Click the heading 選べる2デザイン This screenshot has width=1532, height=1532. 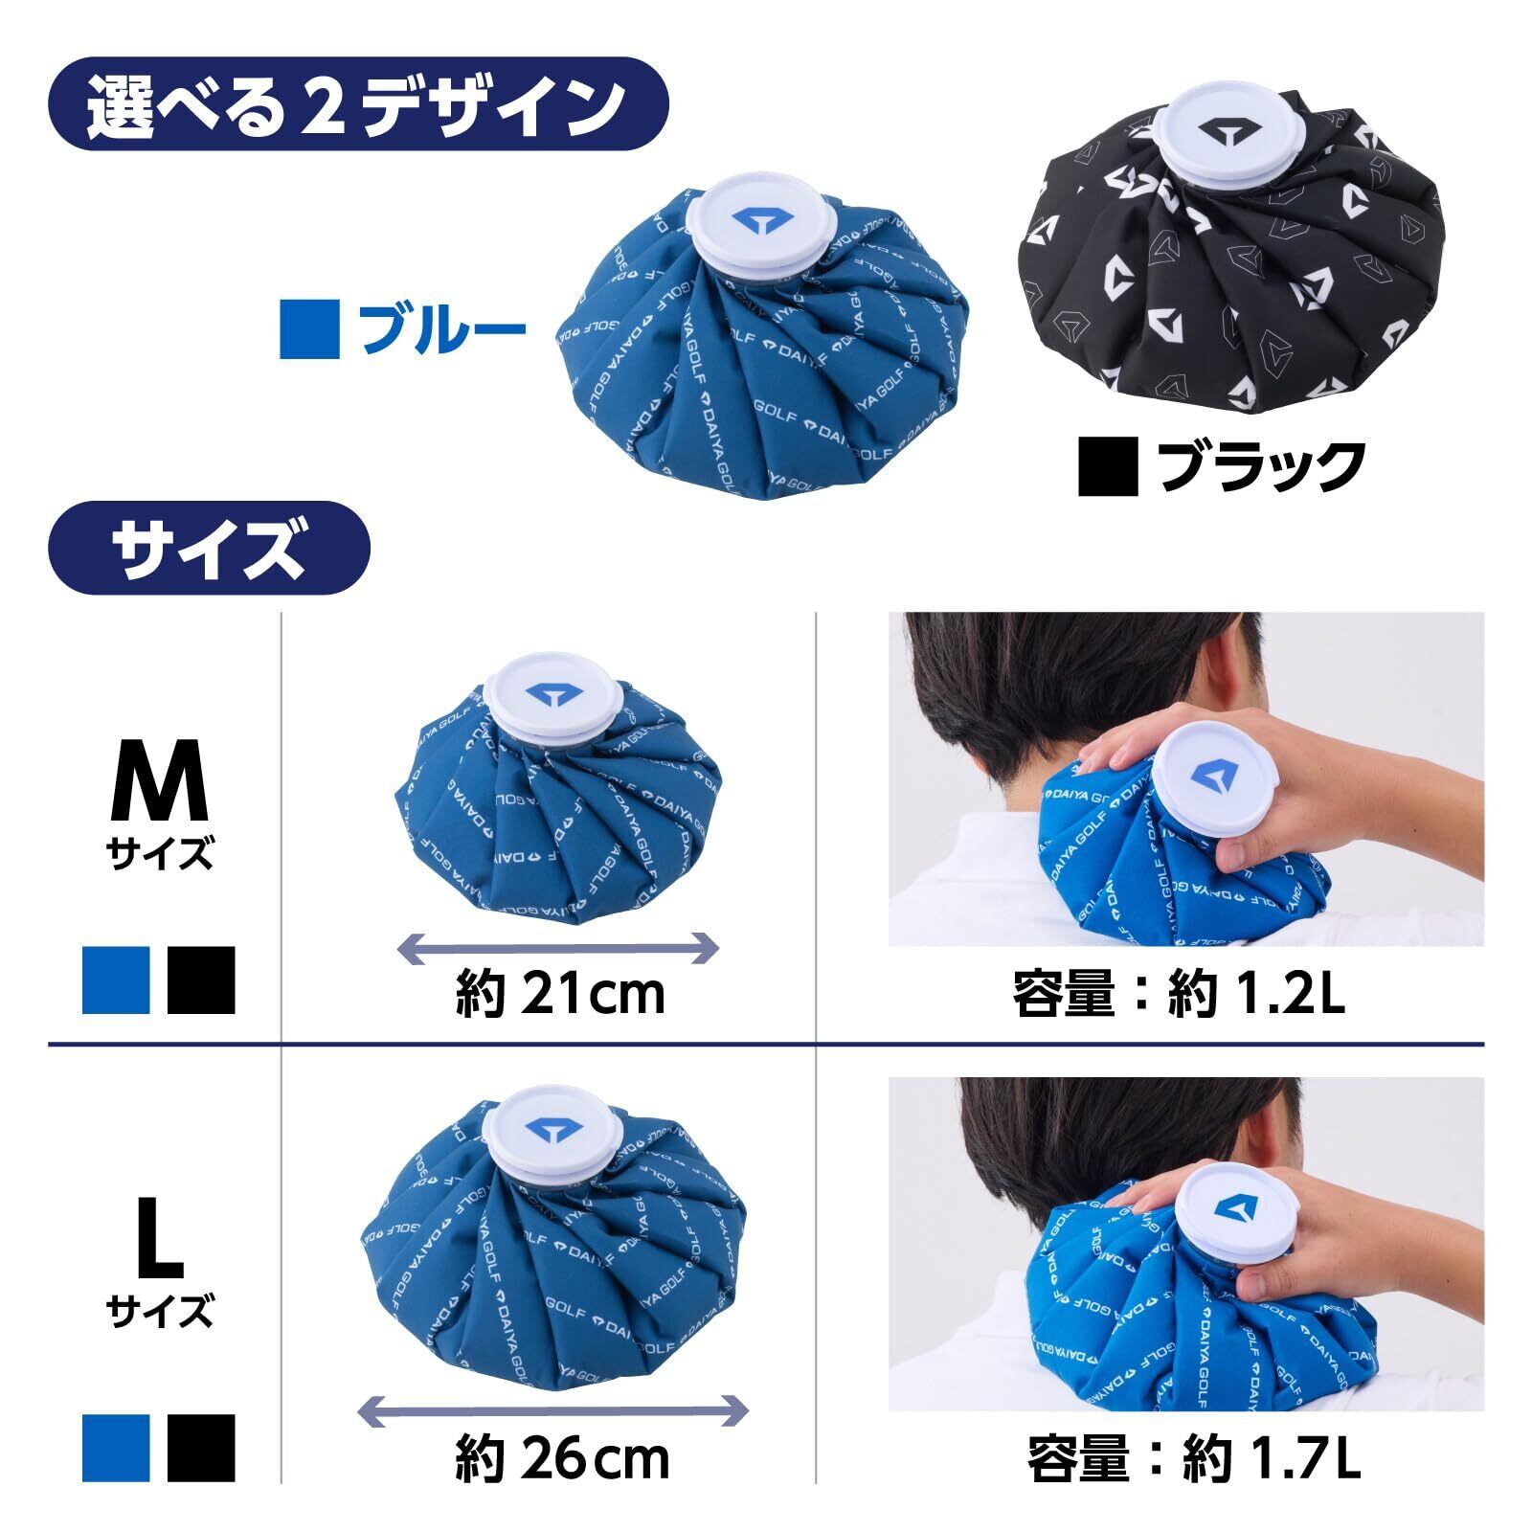(357, 105)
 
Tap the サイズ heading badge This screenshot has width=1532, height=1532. (209, 549)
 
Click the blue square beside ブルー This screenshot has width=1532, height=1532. (309, 328)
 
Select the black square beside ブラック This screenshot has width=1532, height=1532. (1108, 466)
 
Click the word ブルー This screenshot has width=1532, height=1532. (441, 328)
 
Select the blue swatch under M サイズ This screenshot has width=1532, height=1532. (116, 980)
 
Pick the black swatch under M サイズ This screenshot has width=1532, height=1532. (201, 980)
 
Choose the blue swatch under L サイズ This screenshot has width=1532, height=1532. (116, 1447)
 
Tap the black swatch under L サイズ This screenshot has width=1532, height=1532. (201, 1447)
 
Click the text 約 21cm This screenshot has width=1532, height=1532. (560, 994)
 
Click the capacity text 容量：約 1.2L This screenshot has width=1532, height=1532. (1180, 994)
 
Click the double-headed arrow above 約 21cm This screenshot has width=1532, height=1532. (557, 948)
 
